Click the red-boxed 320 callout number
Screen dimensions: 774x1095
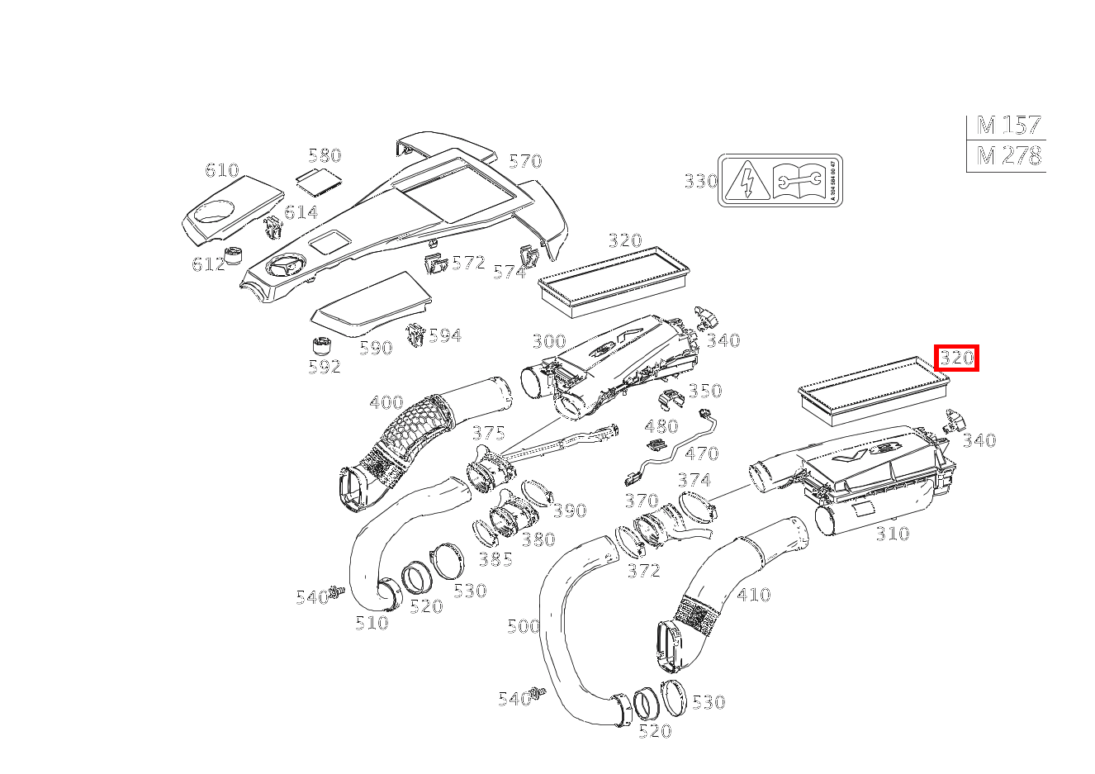[x=956, y=358]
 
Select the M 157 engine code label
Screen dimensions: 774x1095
[x=1007, y=126]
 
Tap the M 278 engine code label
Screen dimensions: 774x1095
[x=1007, y=155]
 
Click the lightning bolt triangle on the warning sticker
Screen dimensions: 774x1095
[x=746, y=180]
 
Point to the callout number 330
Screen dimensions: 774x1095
[x=700, y=181]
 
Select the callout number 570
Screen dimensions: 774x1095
[x=524, y=161]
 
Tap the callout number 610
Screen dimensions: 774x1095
[x=221, y=170]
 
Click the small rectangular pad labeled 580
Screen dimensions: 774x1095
[x=319, y=178]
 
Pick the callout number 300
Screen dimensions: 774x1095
[x=548, y=341]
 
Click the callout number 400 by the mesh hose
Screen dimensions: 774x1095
[x=386, y=403]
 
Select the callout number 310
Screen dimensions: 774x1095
[x=892, y=534]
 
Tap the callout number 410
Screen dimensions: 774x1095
[x=753, y=594]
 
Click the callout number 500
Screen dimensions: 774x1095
[x=523, y=625]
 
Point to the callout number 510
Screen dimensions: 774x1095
[x=372, y=623]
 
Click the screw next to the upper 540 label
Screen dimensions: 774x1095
[x=337, y=591]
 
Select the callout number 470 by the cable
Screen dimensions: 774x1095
[x=702, y=453]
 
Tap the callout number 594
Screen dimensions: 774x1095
[x=444, y=335]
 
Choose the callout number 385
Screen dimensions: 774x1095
[x=495, y=559]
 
